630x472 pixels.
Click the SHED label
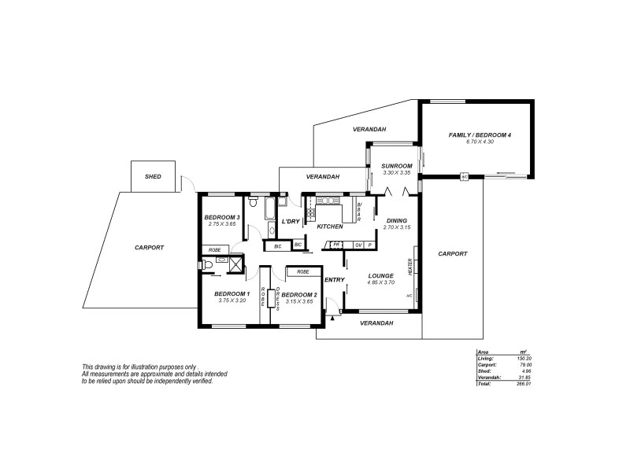point(154,177)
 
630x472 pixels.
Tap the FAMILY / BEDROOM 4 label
point(480,135)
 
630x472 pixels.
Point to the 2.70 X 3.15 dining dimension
point(396,227)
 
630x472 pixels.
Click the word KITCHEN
point(330,227)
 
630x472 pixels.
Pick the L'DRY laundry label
point(291,223)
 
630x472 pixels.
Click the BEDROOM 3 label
point(221,217)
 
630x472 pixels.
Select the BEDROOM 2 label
point(298,294)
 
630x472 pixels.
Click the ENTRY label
point(335,280)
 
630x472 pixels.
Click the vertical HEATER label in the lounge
point(410,267)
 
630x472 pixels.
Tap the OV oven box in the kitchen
point(358,245)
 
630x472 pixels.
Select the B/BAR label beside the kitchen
point(359,212)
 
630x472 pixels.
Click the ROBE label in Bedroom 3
point(214,250)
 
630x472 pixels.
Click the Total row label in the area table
point(484,385)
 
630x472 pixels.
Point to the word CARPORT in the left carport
point(149,247)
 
